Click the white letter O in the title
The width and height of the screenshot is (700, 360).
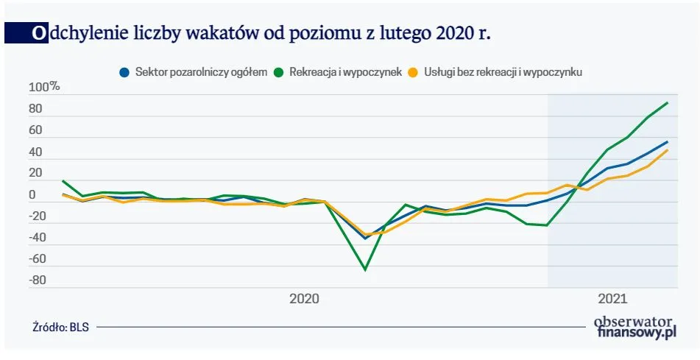(38, 34)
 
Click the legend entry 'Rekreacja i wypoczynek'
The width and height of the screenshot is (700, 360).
(345, 72)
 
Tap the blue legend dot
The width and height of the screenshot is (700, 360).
(124, 72)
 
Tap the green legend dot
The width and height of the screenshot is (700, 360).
(279, 72)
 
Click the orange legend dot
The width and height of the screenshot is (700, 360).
(414, 72)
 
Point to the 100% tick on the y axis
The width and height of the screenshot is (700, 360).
(44, 88)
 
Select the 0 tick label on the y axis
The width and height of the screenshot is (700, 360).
(32, 195)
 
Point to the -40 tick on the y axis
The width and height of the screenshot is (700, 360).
(37, 238)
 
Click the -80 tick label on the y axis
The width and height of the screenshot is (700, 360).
(37, 280)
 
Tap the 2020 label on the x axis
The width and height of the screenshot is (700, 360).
(304, 299)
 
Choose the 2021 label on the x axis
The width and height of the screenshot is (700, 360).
(612, 299)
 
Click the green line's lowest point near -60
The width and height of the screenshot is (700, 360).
(365, 269)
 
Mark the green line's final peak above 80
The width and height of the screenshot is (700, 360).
(667, 103)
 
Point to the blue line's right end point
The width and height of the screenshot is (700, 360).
(667, 141)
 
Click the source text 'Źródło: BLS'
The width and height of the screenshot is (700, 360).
(60, 328)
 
